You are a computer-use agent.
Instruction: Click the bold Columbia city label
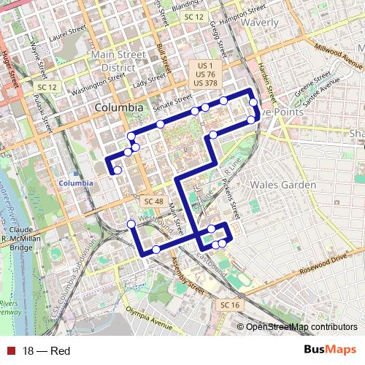119,107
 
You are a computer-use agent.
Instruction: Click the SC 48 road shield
153,201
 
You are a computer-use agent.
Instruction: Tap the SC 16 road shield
229,304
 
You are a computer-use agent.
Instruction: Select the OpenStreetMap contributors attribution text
301,327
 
